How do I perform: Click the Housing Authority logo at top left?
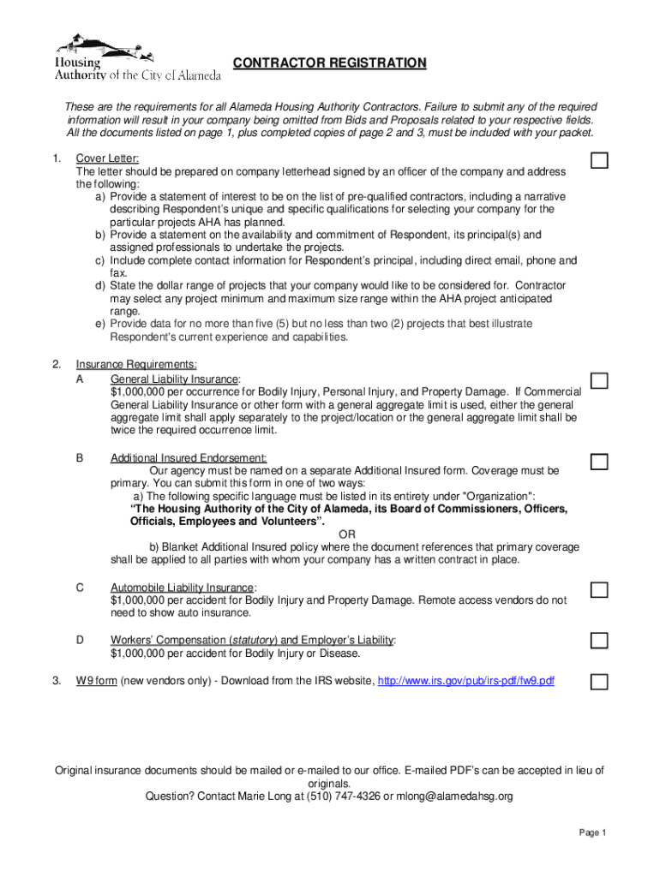137,57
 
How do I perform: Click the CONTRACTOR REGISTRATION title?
330,63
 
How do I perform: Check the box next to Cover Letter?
599,161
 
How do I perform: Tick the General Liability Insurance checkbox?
599,380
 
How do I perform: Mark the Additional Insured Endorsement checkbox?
599,462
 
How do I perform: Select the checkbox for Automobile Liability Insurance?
599,589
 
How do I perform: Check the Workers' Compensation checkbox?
599,641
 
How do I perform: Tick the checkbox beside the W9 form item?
599,682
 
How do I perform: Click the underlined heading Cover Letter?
107,158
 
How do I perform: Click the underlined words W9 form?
96,681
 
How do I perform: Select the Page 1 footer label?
592,833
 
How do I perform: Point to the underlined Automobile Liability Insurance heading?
183,588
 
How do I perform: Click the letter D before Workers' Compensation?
80,640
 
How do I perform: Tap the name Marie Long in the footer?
258,796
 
